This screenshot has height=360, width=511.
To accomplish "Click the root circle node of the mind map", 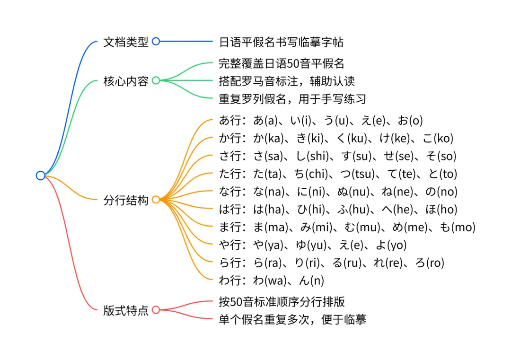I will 40,176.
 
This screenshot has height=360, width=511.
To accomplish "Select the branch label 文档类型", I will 126,42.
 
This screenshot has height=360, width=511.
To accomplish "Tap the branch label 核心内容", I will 126,81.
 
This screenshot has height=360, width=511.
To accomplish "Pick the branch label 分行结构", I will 126,200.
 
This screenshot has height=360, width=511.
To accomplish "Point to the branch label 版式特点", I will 126,310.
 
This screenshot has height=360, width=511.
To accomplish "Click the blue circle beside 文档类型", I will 156,42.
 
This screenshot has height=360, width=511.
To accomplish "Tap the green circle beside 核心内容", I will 156,81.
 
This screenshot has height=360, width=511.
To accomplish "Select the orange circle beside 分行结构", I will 156,200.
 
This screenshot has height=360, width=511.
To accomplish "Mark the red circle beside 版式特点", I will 156,310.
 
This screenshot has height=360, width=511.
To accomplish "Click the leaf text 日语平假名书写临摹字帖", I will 281,42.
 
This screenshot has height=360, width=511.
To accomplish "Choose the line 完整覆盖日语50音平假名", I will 281,63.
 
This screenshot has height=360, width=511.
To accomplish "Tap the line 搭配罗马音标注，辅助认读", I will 287,81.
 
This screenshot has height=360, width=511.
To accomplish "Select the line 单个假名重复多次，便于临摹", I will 292,319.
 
